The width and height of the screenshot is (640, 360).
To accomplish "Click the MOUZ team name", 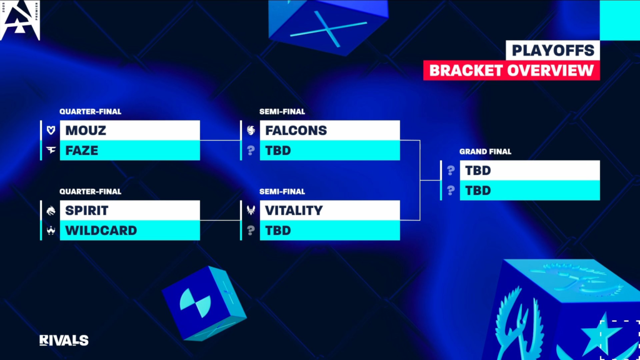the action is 86,131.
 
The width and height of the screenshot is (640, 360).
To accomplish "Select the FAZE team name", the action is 82,151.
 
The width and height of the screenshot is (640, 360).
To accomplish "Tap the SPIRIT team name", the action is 87,211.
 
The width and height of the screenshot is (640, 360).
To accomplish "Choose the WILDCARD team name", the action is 101,231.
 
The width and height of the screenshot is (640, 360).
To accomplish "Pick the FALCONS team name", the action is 296,131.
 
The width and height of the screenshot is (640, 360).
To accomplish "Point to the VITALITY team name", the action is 294,211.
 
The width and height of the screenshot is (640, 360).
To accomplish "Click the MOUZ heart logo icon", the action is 51,130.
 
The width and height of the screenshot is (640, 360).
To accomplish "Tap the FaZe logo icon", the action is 51,150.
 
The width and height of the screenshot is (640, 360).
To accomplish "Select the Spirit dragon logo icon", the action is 51,211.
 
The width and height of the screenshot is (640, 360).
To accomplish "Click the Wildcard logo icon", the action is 51,231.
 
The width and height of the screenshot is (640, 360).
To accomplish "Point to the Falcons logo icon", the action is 251,130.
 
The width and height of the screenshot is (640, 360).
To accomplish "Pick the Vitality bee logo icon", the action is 251,210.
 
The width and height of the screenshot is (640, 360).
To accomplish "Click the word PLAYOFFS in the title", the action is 553,51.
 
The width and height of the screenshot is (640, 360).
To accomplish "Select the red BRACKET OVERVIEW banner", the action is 511,70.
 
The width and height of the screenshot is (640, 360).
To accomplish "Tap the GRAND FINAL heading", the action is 485,152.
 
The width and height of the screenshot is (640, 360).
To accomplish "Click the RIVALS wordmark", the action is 64,341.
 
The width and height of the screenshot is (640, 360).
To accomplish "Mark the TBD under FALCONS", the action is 278,151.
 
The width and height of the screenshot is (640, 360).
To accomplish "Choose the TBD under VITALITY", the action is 278,231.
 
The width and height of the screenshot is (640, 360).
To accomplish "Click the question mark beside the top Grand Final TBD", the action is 451,171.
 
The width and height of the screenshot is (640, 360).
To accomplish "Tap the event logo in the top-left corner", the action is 21,20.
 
